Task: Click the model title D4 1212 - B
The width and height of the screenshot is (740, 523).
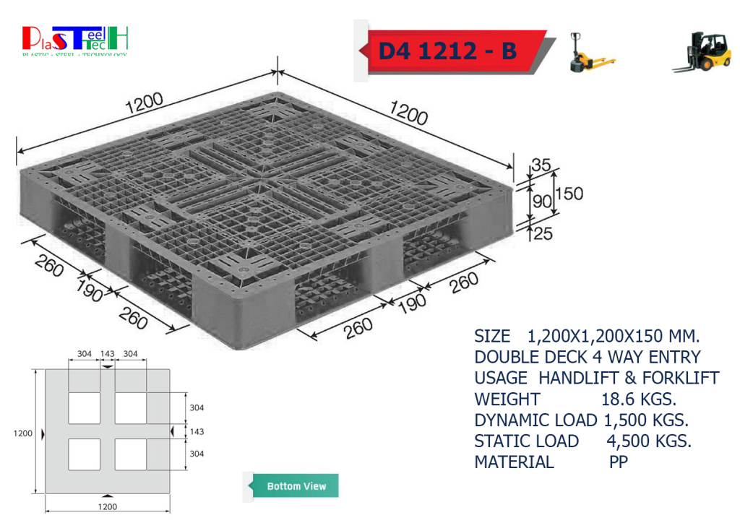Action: click(447, 51)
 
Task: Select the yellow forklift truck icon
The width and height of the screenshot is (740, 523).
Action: click(702, 51)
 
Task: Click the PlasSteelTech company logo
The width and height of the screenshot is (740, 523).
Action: click(75, 40)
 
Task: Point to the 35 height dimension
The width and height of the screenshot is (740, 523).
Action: click(541, 165)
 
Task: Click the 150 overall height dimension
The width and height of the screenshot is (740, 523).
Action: click(569, 194)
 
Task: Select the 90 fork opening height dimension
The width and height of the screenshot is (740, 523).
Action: click(542, 202)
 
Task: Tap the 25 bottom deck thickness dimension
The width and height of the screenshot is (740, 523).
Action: click(543, 233)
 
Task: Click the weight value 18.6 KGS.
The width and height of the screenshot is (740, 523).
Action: click(639, 399)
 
